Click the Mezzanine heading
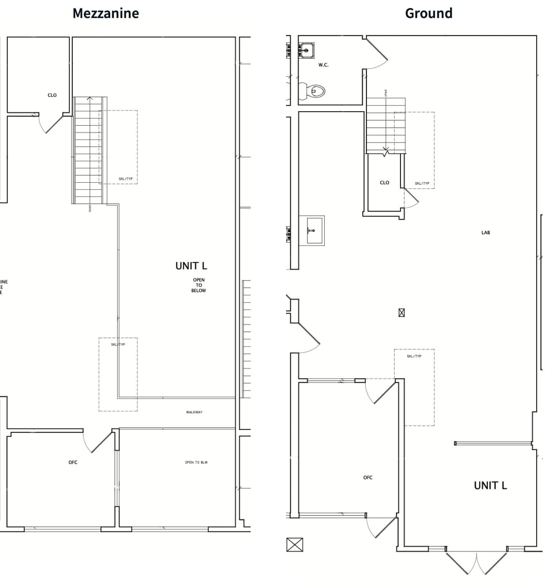(x=106, y=13)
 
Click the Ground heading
(x=428, y=13)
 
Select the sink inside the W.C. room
(x=306, y=50)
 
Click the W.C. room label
(x=323, y=65)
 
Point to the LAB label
(x=485, y=233)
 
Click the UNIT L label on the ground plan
(x=490, y=486)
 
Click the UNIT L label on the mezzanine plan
(x=191, y=266)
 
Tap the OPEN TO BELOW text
(x=199, y=285)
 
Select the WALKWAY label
(x=194, y=412)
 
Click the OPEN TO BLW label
(x=196, y=462)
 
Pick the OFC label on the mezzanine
(x=73, y=462)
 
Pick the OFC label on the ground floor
(x=368, y=478)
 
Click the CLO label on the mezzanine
(x=52, y=95)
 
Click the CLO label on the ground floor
(x=384, y=183)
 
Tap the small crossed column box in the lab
(x=401, y=313)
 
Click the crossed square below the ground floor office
(x=294, y=545)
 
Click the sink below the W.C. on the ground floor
(x=311, y=231)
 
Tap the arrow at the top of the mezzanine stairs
(x=90, y=99)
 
